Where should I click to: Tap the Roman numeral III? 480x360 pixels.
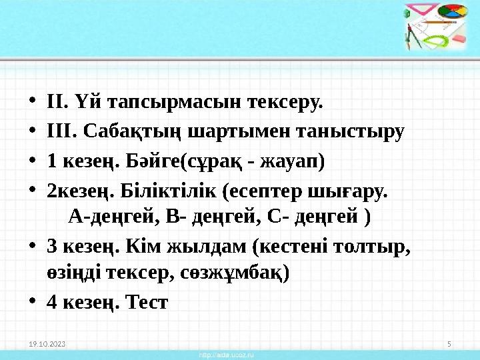(57, 133)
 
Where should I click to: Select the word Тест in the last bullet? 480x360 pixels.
(147, 302)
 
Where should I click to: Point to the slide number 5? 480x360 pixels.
(449, 344)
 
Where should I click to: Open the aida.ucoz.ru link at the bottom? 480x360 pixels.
(227, 355)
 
